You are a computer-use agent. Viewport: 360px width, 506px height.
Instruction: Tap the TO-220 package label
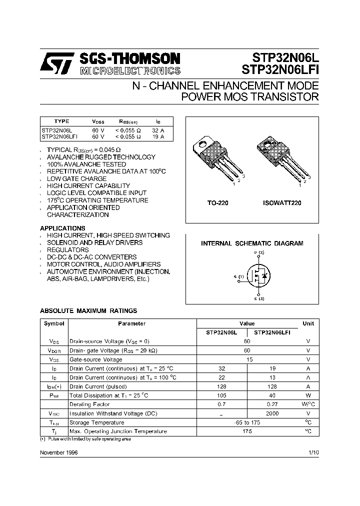point(218,203)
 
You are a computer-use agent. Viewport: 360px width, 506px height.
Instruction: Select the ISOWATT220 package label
point(282,203)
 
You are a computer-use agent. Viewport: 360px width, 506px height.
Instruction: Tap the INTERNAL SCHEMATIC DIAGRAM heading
point(252,243)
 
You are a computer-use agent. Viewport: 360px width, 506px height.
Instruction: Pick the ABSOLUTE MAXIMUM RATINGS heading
point(88,311)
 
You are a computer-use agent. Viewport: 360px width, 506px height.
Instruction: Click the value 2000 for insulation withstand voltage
point(272,413)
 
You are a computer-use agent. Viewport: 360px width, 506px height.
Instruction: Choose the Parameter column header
point(132,323)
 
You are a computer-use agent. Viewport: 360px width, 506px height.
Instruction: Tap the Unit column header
point(308,323)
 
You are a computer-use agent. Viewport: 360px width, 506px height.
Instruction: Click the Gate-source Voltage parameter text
point(95,359)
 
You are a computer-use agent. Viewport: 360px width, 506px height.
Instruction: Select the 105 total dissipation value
point(222,395)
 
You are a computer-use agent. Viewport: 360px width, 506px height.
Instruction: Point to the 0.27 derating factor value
point(272,404)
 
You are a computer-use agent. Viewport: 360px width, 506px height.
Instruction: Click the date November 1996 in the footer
point(58,452)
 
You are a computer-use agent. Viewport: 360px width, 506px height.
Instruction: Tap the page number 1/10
point(313,452)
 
